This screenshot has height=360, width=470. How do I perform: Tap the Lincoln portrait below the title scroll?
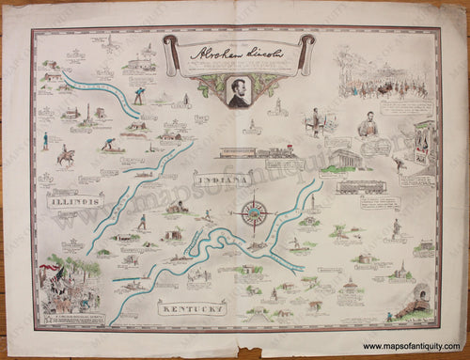(x=239, y=91)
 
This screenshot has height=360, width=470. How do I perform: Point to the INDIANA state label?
(x=223, y=179)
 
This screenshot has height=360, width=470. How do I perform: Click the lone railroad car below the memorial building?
(x=358, y=187)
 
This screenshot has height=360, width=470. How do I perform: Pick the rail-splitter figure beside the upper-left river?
(x=139, y=93)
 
